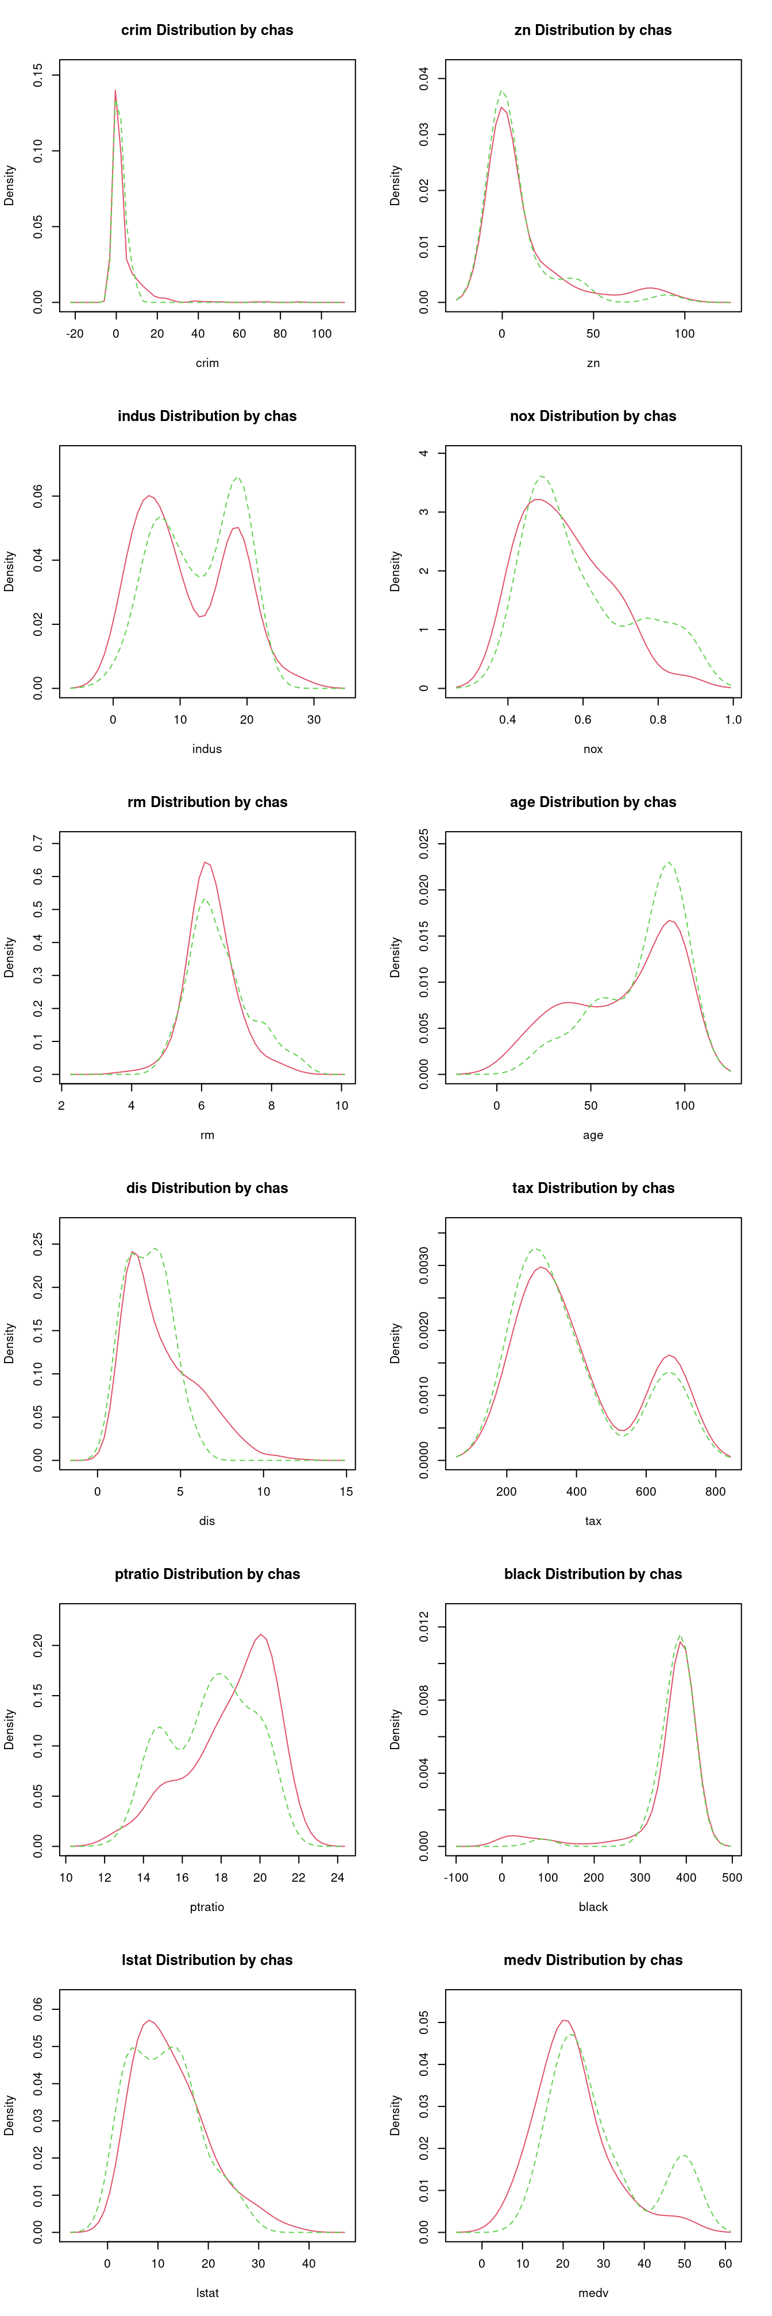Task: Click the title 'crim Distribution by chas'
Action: (207, 30)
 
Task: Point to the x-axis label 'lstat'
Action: (207, 2292)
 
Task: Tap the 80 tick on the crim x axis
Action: (280, 334)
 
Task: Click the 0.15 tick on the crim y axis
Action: (38, 75)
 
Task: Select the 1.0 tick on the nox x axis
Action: (734, 719)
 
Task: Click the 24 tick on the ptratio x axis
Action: (337, 1877)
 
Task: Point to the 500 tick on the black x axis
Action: (732, 1877)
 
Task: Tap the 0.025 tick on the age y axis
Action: (423, 844)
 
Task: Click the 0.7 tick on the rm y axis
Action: (38, 843)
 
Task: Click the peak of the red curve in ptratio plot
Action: (261, 1635)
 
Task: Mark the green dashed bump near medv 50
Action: (684, 2155)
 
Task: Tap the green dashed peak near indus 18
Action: (237, 477)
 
